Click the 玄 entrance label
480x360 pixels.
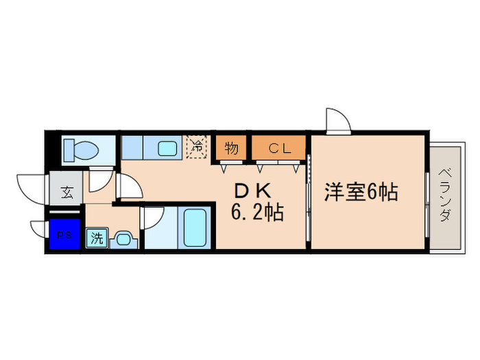[x=67, y=191]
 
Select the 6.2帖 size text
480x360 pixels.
[x=257, y=213]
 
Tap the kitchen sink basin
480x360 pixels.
[x=167, y=148]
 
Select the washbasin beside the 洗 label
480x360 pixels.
[x=123, y=239]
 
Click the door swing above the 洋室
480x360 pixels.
[x=338, y=121]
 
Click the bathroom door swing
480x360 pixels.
[x=152, y=219]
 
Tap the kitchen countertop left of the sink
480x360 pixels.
[x=133, y=147]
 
